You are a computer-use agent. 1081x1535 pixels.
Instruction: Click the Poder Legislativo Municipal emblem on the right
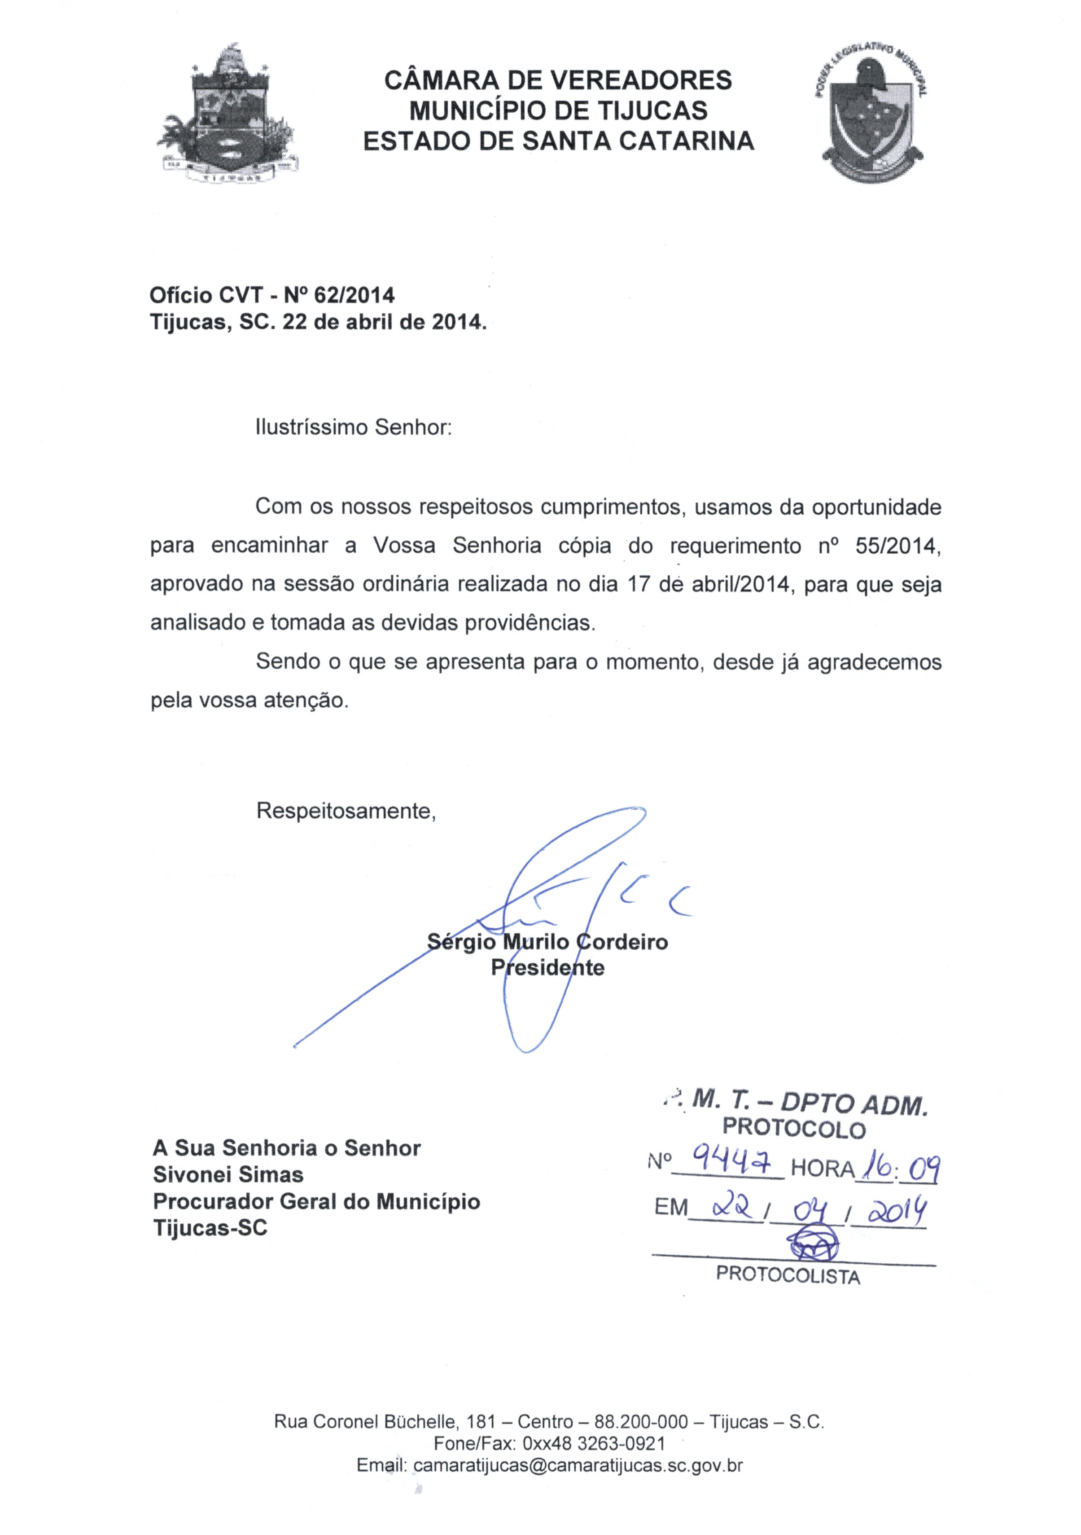click(870, 114)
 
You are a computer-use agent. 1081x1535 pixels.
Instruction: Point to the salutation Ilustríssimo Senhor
click(354, 427)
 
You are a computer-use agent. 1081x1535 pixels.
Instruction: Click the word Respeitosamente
click(346, 811)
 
